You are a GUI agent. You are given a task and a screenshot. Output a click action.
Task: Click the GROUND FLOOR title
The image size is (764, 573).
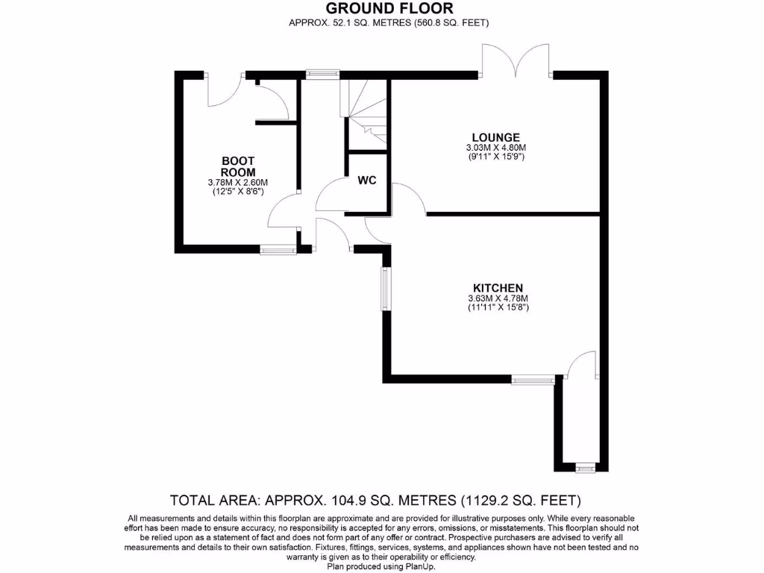click(x=388, y=8)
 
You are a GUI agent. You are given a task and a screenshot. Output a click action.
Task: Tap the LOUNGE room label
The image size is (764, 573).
click(x=495, y=137)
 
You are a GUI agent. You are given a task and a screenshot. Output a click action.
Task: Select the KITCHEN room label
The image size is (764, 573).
click(x=498, y=288)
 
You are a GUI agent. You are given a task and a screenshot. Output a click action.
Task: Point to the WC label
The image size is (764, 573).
click(x=366, y=181)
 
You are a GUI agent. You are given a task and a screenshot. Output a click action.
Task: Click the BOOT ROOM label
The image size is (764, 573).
click(x=238, y=166)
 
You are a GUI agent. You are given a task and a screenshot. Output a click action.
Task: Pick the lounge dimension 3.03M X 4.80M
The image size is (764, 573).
click(x=495, y=148)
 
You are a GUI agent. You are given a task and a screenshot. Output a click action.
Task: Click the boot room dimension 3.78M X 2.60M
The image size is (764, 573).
click(x=238, y=183)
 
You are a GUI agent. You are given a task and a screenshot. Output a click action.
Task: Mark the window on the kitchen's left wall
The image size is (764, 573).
click(x=385, y=289)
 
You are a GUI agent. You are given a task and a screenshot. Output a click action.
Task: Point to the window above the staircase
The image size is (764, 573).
click(x=322, y=74)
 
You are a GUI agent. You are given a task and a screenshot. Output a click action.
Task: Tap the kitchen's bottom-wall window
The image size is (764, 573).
click(x=533, y=380)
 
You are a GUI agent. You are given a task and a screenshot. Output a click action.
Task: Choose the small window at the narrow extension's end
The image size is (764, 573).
click(x=586, y=468)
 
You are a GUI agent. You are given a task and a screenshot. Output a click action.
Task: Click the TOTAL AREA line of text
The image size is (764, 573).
click(x=376, y=500)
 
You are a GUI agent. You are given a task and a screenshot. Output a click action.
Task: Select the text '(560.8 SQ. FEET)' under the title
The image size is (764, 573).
click(x=451, y=23)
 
